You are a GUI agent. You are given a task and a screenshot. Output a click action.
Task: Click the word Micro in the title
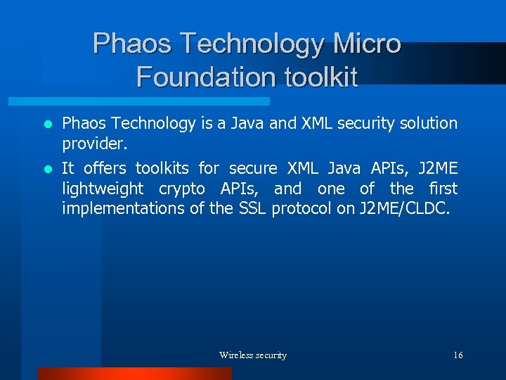(x=367, y=44)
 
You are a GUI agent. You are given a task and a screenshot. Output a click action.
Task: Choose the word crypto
(x=182, y=189)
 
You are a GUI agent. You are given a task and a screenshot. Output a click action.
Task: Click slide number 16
(x=458, y=355)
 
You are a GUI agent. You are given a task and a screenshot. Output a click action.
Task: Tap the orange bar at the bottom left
(x=134, y=374)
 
